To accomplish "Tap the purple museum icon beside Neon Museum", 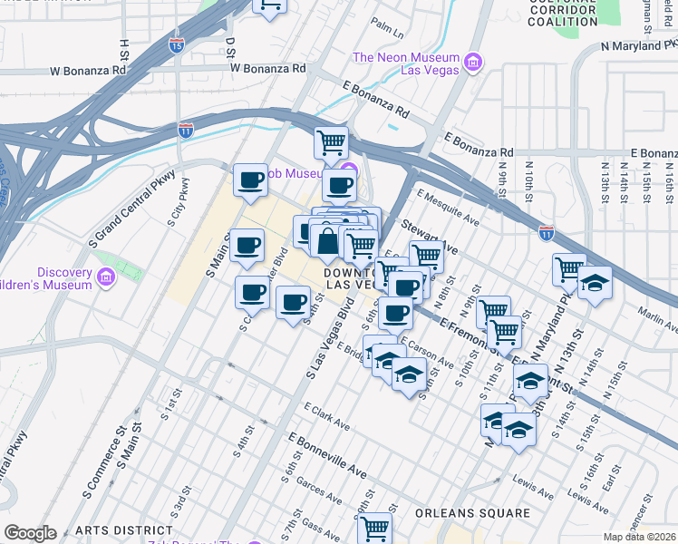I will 471,63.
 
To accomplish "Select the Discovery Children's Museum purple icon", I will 106,276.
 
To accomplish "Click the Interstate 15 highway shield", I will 177,45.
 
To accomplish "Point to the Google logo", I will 30,533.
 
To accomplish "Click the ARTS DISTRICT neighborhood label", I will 123,530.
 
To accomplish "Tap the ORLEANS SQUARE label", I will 472,513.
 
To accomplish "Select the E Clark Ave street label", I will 327,414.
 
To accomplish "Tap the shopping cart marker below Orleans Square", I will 374,527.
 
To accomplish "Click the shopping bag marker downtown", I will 326,241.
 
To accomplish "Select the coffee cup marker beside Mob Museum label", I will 250,179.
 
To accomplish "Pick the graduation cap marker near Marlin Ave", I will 595,283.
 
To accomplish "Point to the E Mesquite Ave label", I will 448,206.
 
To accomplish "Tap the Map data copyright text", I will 639,537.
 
